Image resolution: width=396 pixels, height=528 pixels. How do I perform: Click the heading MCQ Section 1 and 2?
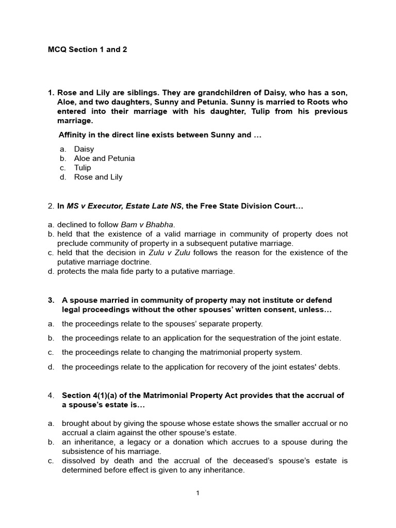pos(87,49)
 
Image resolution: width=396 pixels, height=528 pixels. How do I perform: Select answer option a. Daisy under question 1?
pos(84,149)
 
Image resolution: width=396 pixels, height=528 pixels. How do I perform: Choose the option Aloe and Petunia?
pos(104,158)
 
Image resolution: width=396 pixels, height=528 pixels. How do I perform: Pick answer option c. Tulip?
pos(82,168)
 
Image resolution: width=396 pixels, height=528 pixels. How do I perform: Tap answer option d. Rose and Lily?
pos(98,177)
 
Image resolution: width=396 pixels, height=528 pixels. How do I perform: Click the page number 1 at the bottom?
pos(197,493)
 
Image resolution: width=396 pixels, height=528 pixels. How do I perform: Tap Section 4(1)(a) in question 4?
pos(91,395)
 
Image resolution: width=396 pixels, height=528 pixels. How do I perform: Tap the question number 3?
pos(51,300)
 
